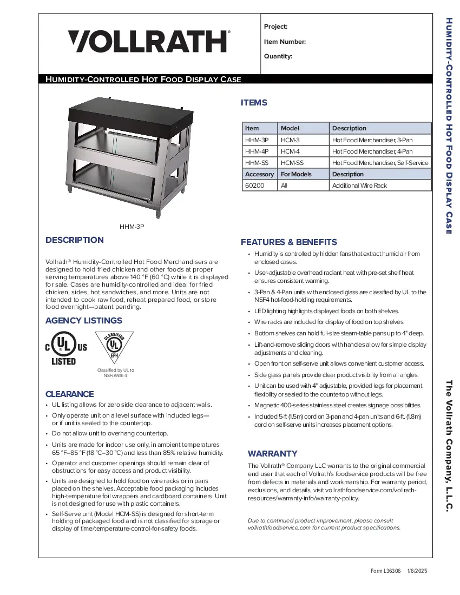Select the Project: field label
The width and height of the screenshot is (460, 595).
click(275, 27)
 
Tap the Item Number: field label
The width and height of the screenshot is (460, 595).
click(285, 42)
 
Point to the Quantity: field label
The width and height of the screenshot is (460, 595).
click(278, 56)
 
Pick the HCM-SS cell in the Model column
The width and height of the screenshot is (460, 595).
click(292, 163)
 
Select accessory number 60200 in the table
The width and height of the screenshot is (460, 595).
click(253, 186)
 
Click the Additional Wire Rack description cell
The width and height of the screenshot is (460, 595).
click(360, 186)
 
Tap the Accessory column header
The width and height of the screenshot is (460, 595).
click(259, 174)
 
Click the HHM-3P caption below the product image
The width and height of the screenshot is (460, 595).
click(132, 228)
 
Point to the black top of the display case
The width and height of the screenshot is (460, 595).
click(130, 112)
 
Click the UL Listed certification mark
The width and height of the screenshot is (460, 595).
click(64, 348)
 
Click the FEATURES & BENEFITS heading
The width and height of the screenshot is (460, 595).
click(288, 242)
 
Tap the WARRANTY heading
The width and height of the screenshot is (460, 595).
click(273, 453)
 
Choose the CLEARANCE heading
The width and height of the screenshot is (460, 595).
click(69, 394)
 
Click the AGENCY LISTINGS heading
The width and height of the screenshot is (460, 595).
click(84, 321)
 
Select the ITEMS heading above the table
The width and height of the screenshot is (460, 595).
click(254, 103)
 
